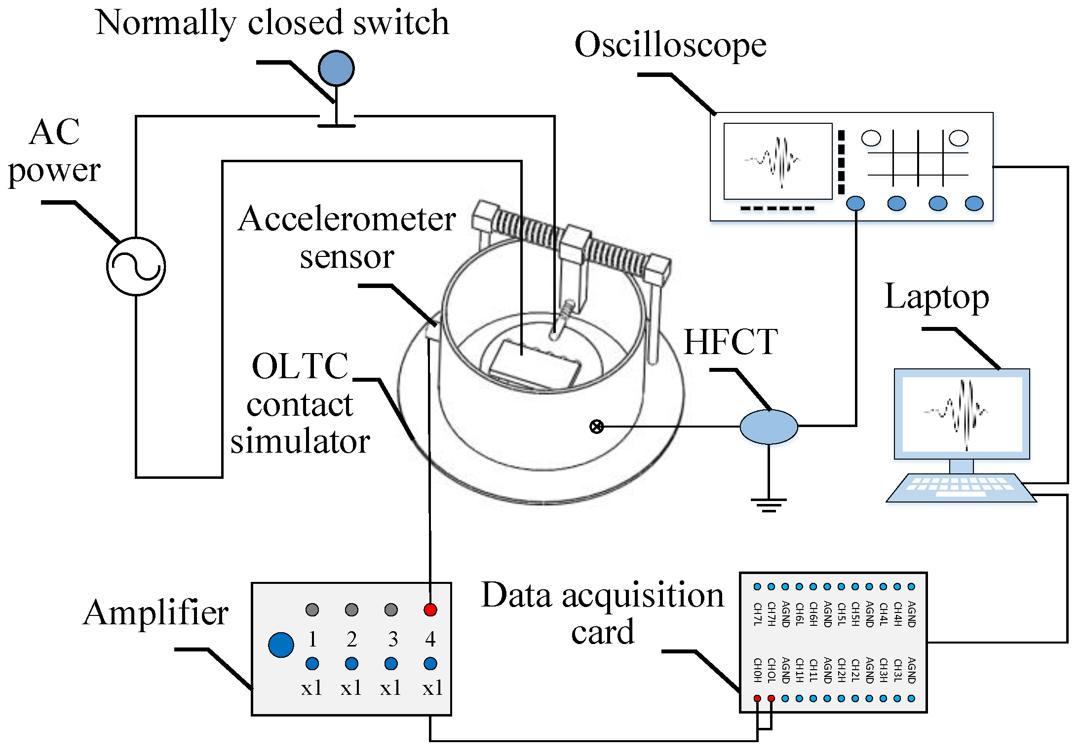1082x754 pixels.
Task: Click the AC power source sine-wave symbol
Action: [136, 266]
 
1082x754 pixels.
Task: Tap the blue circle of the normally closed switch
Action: [336, 68]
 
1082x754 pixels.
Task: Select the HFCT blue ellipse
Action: [769, 427]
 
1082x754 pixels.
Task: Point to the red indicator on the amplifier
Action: [430, 610]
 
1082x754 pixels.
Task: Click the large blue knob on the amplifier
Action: [281, 645]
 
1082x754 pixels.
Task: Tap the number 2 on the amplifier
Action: [351, 640]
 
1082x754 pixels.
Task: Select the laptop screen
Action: [962, 414]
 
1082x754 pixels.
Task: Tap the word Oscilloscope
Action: [670, 45]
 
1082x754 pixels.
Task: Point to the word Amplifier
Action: [155, 613]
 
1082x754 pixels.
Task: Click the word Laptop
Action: [936, 297]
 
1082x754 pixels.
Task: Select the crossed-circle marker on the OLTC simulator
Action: [597, 427]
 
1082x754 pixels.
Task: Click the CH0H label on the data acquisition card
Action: [757, 670]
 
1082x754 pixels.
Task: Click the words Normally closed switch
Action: [272, 23]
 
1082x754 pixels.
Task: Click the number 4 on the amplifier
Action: [430, 640]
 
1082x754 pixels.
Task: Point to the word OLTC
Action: [300, 366]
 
